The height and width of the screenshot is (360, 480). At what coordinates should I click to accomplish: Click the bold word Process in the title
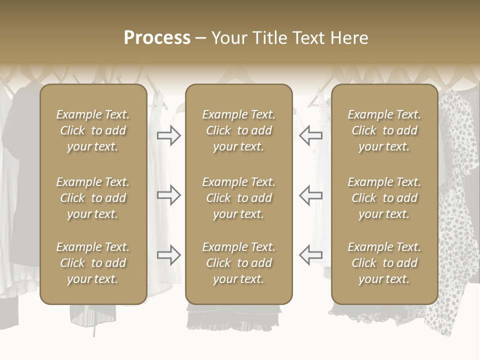[x=157, y=38]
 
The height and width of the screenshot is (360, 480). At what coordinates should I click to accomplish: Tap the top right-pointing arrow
[x=169, y=135]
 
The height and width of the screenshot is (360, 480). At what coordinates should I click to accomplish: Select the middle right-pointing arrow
[x=169, y=195]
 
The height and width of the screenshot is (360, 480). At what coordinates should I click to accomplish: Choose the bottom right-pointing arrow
[x=169, y=255]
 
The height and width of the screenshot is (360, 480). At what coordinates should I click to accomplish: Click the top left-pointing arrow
[x=311, y=135]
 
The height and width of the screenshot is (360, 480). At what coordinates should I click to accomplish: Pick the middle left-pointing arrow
[x=311, y=195]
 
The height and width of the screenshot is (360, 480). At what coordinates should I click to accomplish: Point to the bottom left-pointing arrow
[x=311, y=255]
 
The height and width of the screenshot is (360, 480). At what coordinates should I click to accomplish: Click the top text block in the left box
[x=93, y=130]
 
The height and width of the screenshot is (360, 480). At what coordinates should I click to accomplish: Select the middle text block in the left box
[x=93, y=198]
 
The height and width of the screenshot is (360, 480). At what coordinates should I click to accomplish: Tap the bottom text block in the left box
[x=93, y=263]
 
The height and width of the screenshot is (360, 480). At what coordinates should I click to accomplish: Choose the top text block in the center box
[x=238, y=130]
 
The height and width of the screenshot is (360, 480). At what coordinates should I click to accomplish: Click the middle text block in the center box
[x=238, y=198]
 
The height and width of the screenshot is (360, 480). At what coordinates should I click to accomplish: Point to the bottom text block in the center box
[x=238, y=263]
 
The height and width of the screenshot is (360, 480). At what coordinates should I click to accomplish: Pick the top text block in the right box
[x=384, y=130]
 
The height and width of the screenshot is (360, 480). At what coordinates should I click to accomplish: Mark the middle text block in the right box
[x=384, y=198]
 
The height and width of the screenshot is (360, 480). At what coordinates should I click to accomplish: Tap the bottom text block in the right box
[x=384, y=263]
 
